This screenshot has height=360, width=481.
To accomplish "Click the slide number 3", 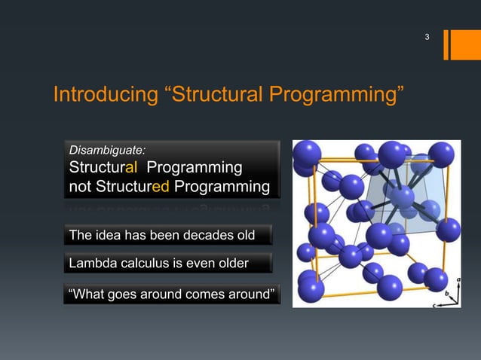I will point(427,37).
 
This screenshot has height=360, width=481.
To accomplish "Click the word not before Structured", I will point(80,186).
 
